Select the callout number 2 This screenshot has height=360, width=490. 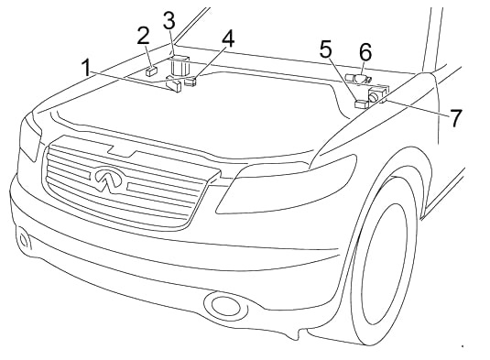[144, 36]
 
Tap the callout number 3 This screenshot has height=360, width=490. [169, 20]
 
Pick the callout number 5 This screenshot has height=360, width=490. [325, 49]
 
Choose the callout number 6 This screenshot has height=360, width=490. [365, 51]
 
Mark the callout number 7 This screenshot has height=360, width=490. [455, 118]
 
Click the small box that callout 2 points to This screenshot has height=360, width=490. [150, 71]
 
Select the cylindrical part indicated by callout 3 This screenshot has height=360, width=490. [180, 66]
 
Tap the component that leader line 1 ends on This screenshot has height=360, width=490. [173, 83]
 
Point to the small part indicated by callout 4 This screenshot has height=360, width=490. [191, 82]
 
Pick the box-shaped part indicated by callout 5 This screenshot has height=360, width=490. [362, 104]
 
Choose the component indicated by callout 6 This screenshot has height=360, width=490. [358, 78]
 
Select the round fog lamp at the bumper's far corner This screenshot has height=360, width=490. [24, 240]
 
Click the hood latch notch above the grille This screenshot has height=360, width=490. [122, 150]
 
